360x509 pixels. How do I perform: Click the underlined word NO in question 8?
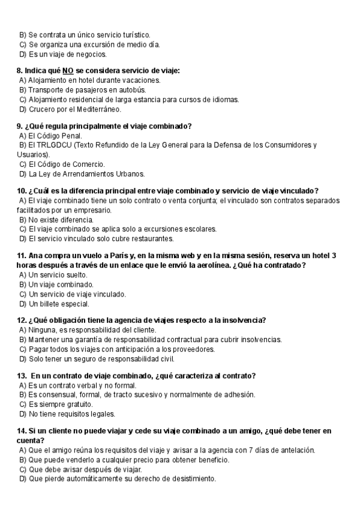click(68, 70)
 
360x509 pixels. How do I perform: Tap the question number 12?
click(20, 320)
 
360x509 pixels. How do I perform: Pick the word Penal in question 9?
click(71, 136)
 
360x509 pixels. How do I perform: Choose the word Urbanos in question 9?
click(126, 174)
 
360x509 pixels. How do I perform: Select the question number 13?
click(20, 376)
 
